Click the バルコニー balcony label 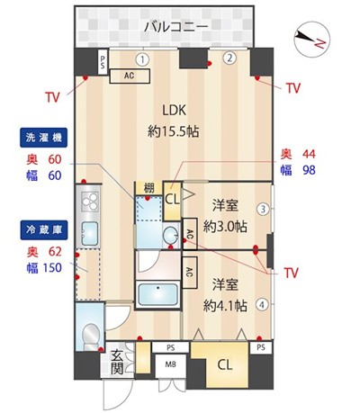coord(175,27)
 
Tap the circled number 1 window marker coord(143,59)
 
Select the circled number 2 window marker coord(229,58)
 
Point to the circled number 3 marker coord(263,209)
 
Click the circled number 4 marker coord(262,305)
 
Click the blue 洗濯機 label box coord(44,138)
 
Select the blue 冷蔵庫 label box coord(44,230)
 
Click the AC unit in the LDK coord(130,76)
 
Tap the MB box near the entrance coord(170,365)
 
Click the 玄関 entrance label coord(117,362)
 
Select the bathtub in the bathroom coord(157,294)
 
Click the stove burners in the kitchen coord(90,201)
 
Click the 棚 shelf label coord(148,188)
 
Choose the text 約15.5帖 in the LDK coord(174,131)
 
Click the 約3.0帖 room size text coord(225,226)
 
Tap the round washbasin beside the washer coord(171,236)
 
